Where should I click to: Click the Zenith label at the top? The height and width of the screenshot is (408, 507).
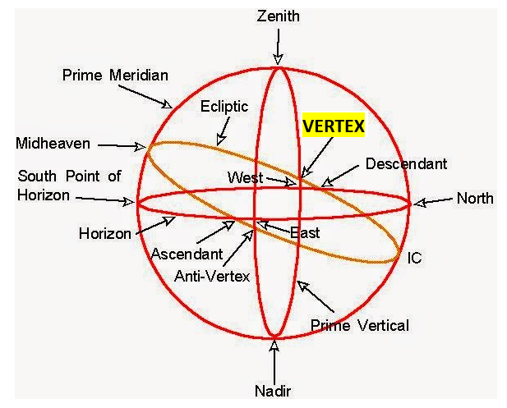(x=279, y=16)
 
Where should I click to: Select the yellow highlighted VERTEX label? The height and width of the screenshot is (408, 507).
(x=333, y=126)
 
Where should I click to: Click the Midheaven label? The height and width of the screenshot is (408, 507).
(x=53, y=144)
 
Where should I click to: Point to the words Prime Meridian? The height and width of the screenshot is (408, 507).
(x=115, y=76)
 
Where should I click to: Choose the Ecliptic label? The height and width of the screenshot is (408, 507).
(x=224, y=107)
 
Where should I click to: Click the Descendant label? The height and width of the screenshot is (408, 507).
(x=406, y=164)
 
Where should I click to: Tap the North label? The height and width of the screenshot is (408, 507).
(x=475, y=198)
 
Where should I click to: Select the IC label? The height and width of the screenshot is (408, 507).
(x=415, y=258)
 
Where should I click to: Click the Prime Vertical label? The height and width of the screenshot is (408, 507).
(x=360, y=326)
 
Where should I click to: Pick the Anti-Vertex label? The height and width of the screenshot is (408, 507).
(x=211, y=277)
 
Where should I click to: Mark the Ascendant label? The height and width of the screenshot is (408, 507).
(x=187, y=254)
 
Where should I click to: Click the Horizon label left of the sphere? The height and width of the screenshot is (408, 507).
(x=104, y=233)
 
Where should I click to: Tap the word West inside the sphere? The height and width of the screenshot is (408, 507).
(x=245, y=177)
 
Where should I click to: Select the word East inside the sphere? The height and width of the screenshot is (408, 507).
(x=305, y=232)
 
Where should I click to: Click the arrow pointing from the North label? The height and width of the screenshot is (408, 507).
(x=434, y=200)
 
